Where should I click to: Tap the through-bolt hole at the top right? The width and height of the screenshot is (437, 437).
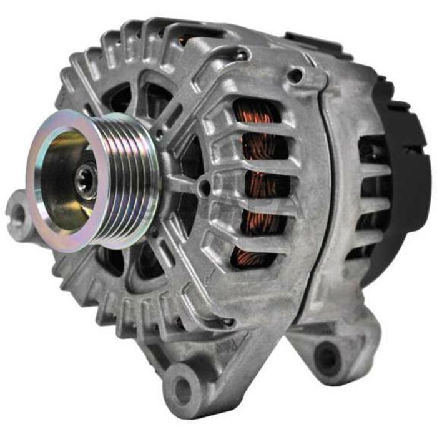pyautogui.click(x=295, y=76)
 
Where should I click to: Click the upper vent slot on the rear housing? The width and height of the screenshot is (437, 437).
pyautogui.click(x=368, y=150)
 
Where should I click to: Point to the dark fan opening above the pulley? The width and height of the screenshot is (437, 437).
pyautogui.click(x=122, y=100)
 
